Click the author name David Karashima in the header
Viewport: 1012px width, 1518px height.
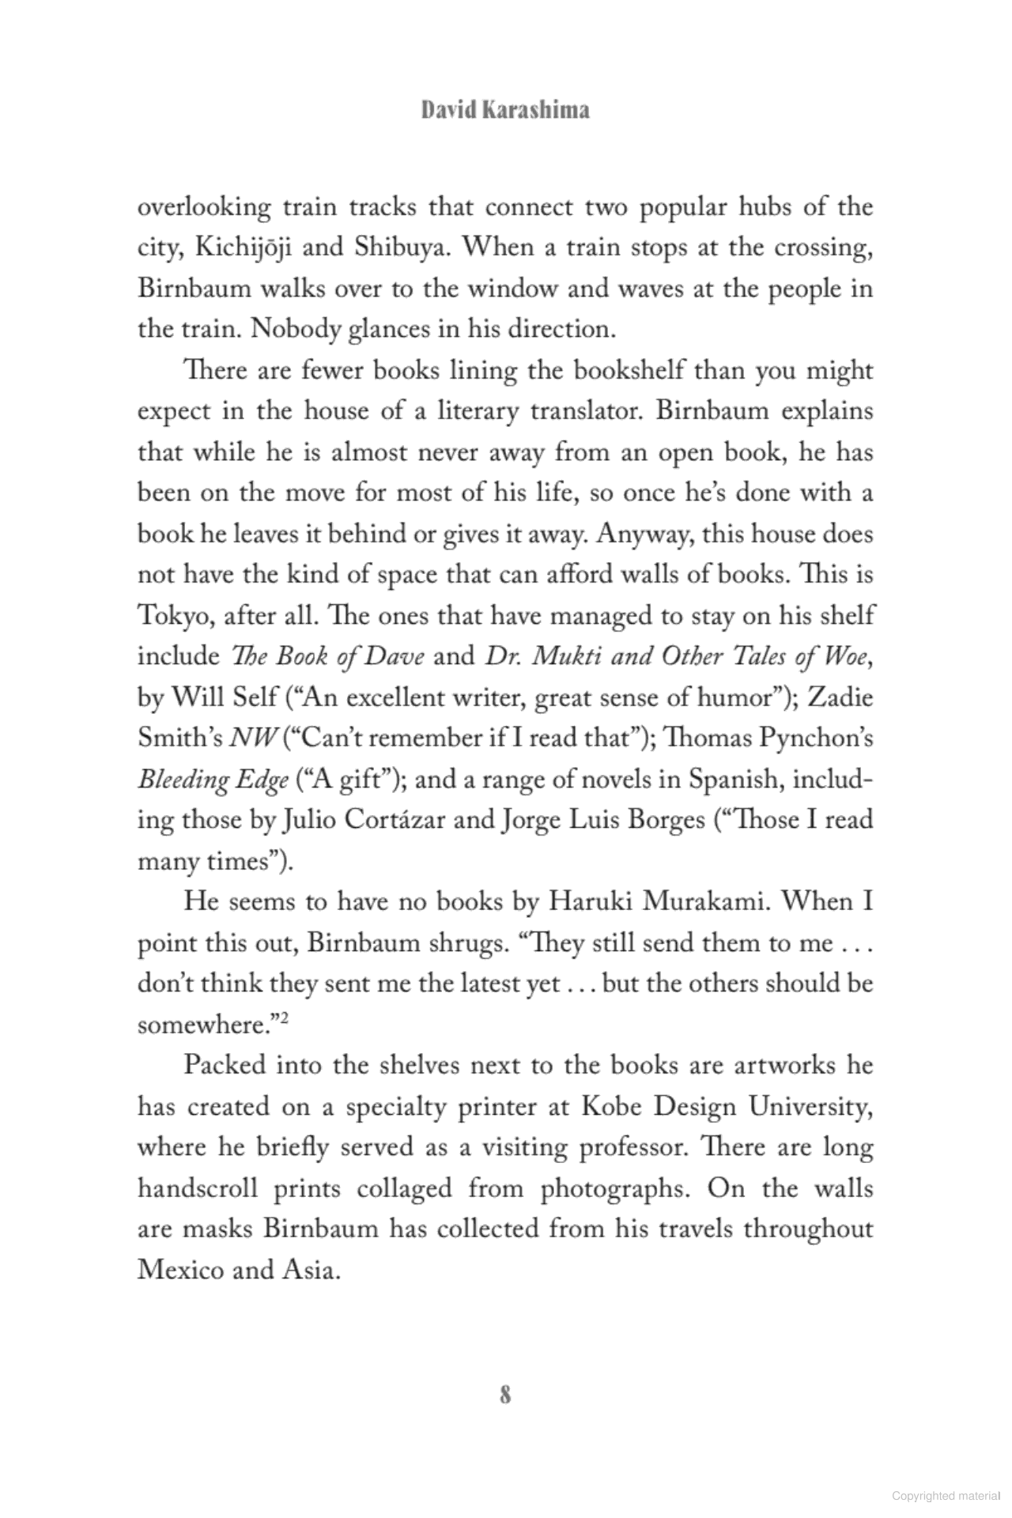coord(505,110)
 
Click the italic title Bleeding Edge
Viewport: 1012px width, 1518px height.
coord(213,780)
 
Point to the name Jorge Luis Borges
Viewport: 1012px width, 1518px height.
coord(603,820)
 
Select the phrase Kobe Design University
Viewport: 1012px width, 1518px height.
coord(727,1106)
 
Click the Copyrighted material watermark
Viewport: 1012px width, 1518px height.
coord(946,1497)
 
